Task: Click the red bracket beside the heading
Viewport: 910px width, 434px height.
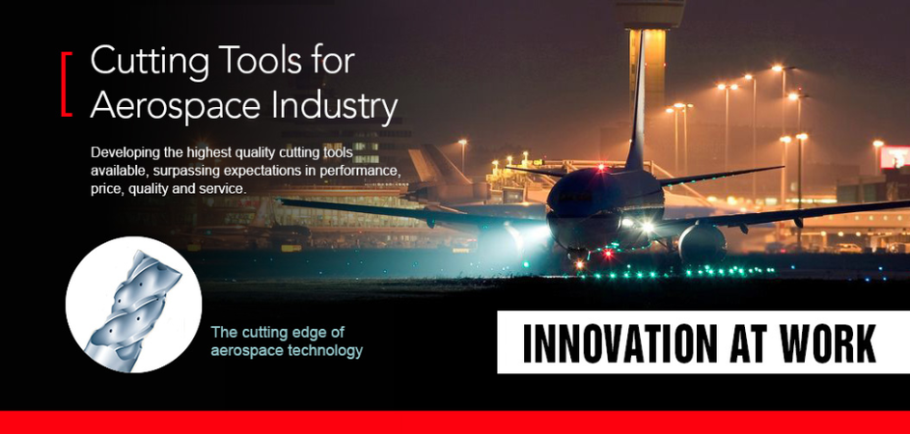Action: [64, 84]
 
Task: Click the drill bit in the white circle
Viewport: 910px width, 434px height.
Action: [132, 307]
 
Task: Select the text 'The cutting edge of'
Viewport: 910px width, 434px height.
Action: [278, 333]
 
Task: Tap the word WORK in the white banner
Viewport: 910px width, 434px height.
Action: [828, 343]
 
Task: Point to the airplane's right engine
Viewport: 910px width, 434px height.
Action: [703, 244]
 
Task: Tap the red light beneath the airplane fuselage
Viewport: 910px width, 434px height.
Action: [608, 253]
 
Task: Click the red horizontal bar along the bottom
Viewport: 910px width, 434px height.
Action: [455, 422]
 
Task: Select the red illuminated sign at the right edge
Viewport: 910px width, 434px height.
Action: [895, 156]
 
